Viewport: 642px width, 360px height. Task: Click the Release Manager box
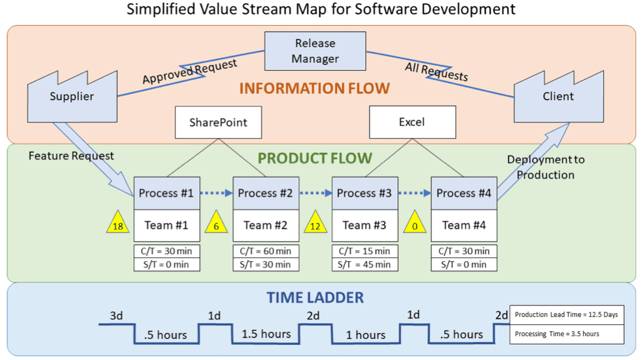315,51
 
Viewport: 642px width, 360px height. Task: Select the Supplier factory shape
73,98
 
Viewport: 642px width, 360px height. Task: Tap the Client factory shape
559,98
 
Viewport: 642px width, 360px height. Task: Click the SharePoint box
218,122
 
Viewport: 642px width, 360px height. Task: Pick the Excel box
412,122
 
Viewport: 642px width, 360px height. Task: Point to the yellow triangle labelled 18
118,224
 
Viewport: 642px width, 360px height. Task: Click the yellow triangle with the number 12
315,224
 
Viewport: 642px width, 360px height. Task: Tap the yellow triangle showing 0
415,224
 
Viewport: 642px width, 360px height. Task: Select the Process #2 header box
266,193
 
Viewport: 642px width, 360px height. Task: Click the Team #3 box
365,225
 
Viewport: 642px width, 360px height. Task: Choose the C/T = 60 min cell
266,251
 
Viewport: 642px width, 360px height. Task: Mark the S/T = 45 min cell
365,264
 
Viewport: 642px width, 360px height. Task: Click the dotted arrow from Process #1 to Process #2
216,193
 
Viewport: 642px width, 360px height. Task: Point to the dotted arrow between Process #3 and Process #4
415,193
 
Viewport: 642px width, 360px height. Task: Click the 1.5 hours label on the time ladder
266,334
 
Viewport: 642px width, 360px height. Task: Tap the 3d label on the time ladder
116,316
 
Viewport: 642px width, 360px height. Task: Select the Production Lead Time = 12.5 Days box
567,315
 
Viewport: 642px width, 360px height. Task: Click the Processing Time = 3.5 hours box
567,334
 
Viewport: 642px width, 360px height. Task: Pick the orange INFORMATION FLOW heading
314,88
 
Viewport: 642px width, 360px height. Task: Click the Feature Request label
71,156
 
